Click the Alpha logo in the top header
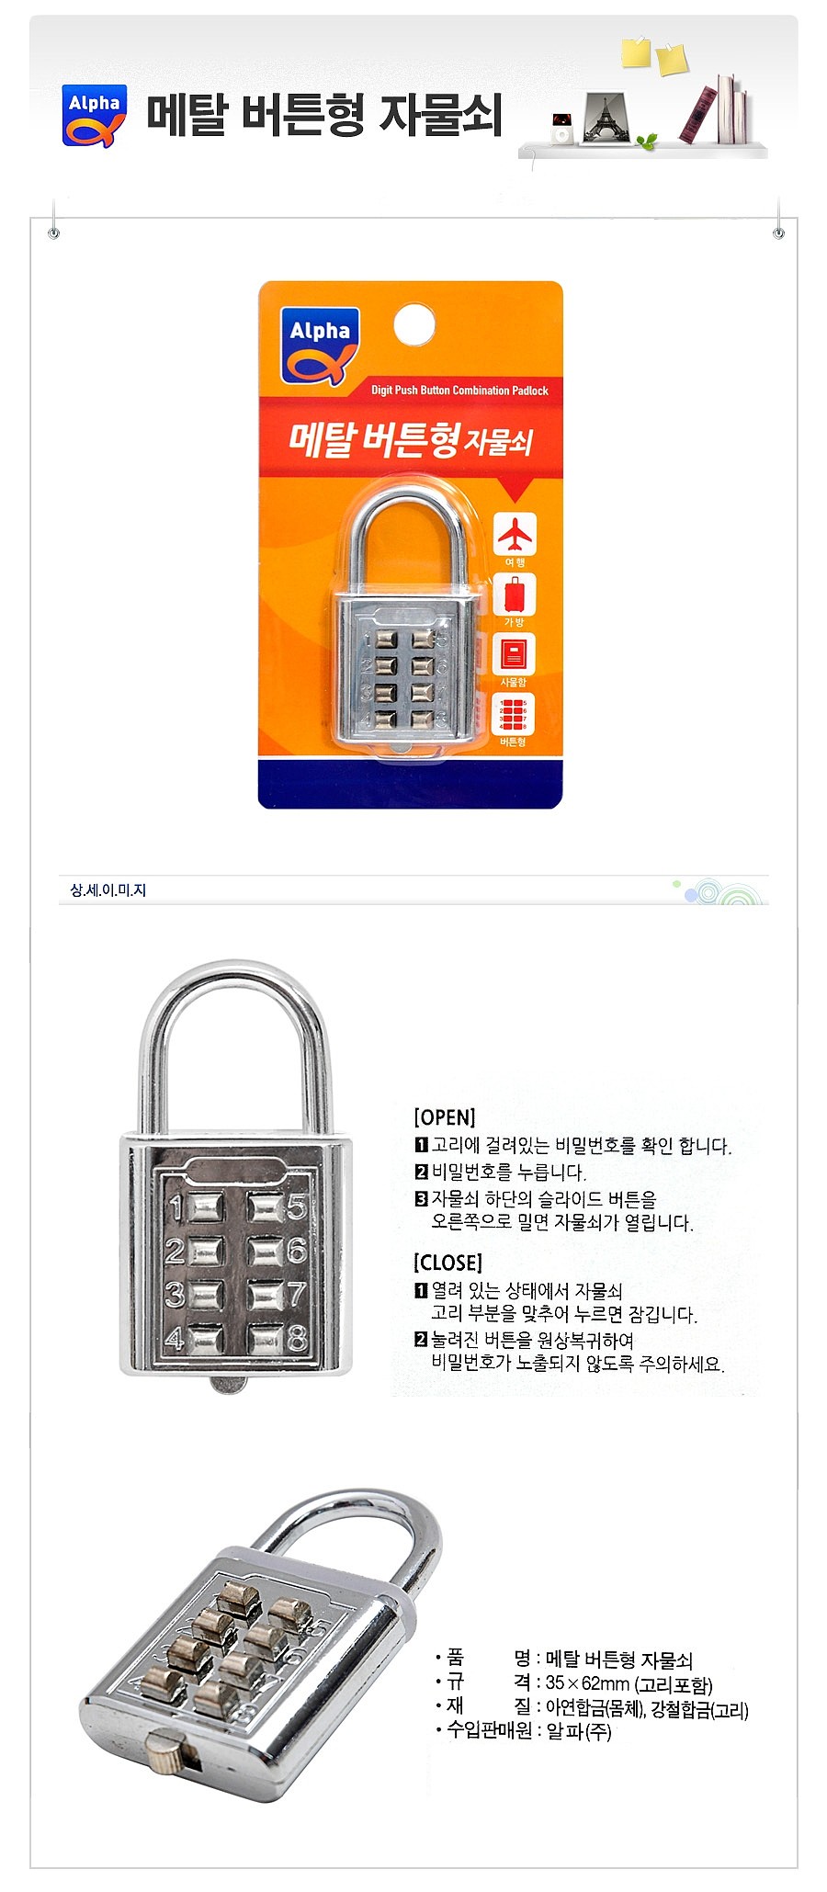click(94, 116)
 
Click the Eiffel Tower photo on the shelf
click(606, 118)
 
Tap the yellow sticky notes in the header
click(653, 55)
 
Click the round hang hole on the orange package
click(414, 325)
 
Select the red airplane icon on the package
click(515, 533)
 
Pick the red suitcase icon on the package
click(515, 594)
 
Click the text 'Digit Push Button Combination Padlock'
click(459, 391)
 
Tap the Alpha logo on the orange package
click(319, 345)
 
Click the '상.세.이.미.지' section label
click(108, 890)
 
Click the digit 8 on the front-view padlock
click(296, 1340)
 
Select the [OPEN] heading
click(445, 1117)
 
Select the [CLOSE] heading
click(447, 1263)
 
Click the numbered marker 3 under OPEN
click(422, 1198)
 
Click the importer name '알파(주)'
click(578, 1731)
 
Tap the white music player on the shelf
click(561, 128)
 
